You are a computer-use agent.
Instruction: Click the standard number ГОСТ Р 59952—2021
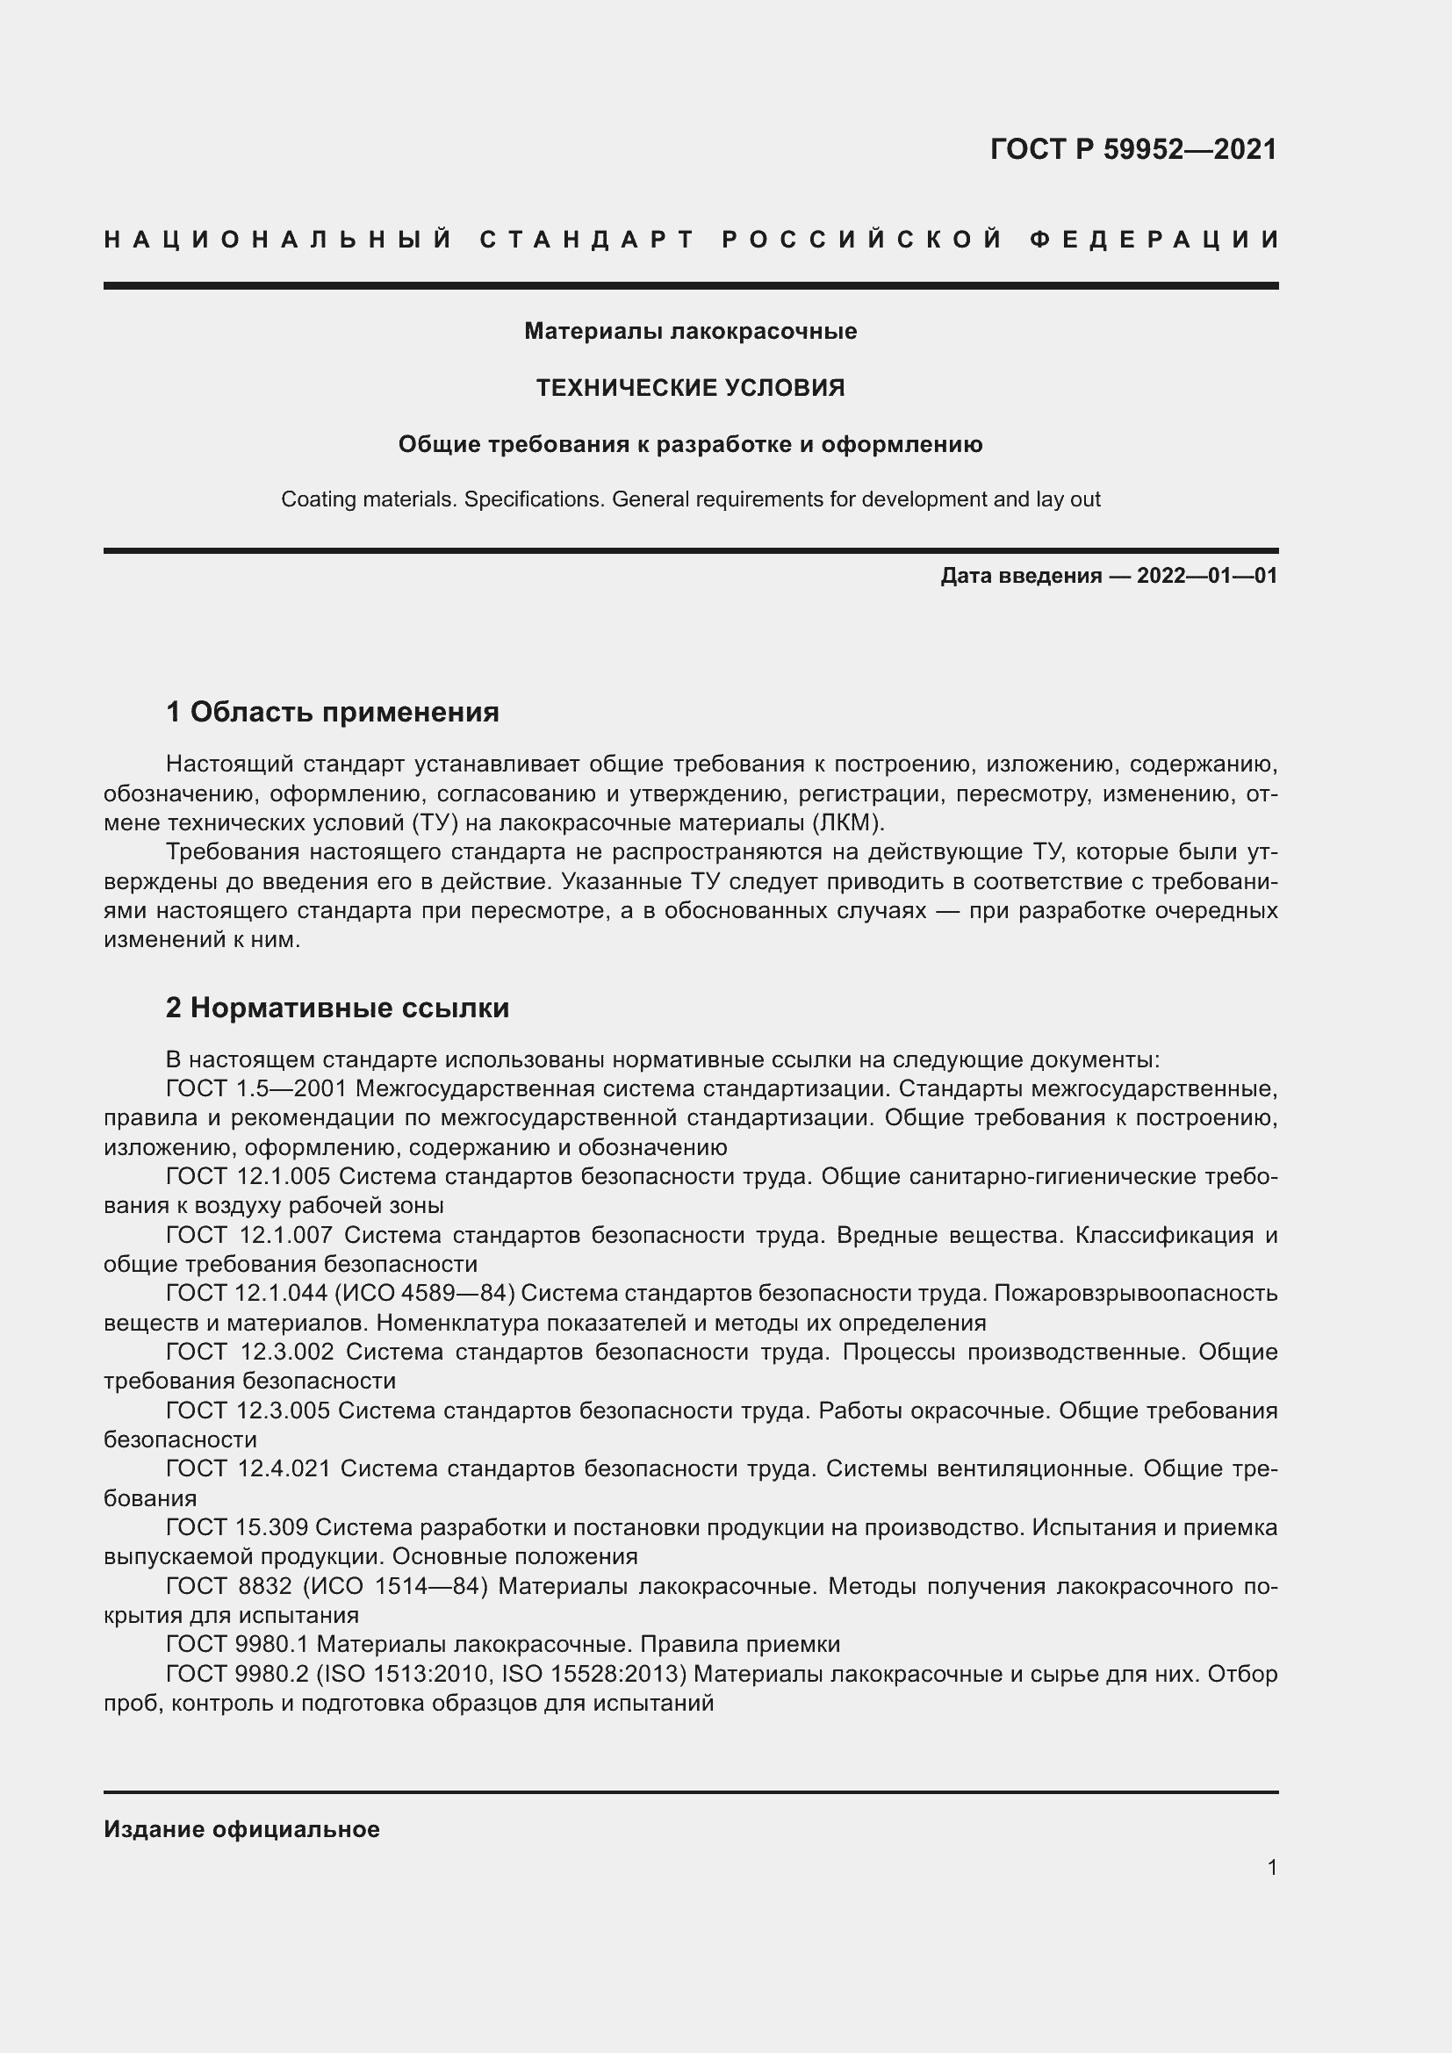click(1132, 149)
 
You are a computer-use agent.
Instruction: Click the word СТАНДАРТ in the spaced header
click(587, 240)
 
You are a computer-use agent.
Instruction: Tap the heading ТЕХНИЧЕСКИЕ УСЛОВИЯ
click(690, 387)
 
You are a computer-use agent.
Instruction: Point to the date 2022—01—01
click(1206, 576)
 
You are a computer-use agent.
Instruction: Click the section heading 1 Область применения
click(332, 713)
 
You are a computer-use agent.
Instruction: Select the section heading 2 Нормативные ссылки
click(337, 1008)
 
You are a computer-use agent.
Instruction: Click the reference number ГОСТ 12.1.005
click(248, 1177)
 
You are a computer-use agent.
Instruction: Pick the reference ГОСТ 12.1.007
click(249, 1235)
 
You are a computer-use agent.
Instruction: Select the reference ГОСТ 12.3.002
click(250, 1352)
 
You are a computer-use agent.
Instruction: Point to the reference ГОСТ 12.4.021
click(248, 1469)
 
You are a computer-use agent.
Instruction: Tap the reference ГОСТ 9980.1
click(238, 1644)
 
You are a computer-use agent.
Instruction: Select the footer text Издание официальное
click(241, 1829)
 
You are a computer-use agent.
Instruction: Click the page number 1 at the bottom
click(1271, 1867)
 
